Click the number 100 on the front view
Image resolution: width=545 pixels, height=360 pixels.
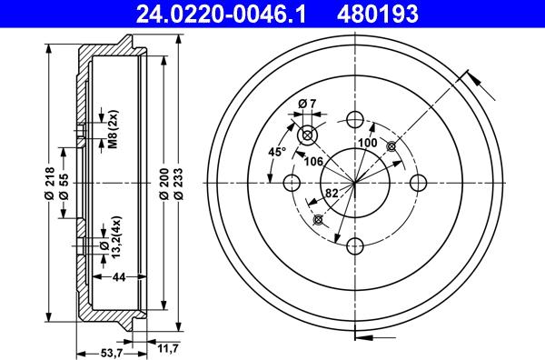[x=367, y=143]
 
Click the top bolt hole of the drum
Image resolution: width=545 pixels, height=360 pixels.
[x=354, y=118]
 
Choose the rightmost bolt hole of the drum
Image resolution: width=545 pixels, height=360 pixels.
[x=419, y=183]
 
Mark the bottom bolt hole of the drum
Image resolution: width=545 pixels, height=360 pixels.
[x=354, y=245]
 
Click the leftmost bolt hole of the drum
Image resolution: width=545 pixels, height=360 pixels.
[x=292, y=183]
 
